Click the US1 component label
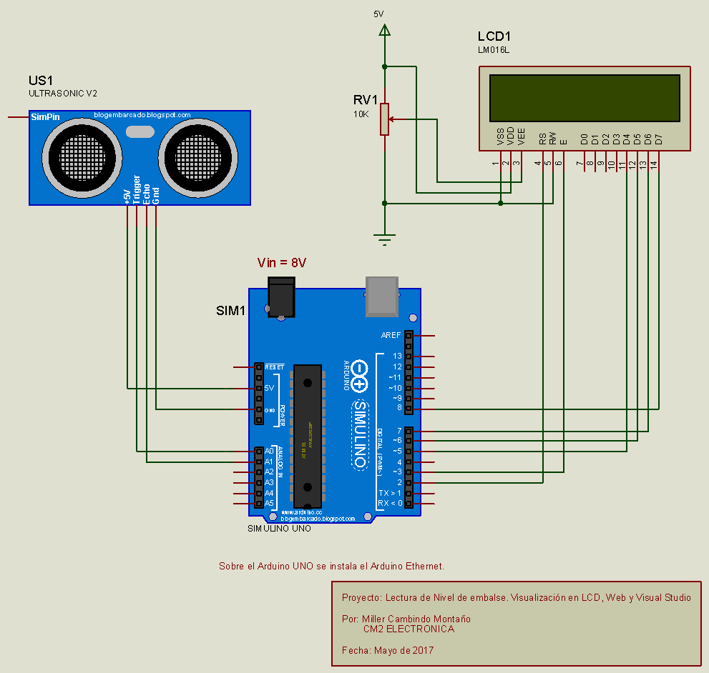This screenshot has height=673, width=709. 41,80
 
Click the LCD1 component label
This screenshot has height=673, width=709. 494,36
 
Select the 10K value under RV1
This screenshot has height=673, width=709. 361,114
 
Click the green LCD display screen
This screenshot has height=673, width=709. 585,98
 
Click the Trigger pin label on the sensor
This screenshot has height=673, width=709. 137,190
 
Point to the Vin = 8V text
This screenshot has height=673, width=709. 282,263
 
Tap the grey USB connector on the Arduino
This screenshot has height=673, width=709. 383,296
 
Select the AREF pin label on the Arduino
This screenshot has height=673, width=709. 391,335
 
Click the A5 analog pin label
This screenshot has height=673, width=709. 269,504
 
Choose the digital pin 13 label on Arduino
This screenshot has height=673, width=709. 397,356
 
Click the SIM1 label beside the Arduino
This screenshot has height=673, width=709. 231,311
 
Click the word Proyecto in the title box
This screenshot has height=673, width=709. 361,598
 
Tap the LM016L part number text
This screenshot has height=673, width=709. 494,50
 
